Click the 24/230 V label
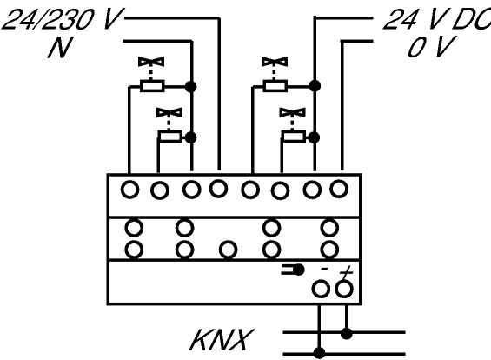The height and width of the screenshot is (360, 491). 61,20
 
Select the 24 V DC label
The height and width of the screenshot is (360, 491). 437,19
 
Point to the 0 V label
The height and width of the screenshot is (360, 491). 431,47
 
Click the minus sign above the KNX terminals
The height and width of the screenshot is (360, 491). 324,269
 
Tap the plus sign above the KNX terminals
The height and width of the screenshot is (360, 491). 345,271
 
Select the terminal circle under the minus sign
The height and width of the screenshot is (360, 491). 321,289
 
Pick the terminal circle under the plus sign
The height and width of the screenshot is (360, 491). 344,289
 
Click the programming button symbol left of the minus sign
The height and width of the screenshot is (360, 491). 293,270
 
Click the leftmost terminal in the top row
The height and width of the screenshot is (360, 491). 130,190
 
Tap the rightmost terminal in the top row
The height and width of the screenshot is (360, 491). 339,189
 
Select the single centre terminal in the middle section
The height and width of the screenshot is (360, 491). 228,250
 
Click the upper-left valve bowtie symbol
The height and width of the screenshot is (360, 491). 151,62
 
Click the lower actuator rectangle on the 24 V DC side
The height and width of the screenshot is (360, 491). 294,137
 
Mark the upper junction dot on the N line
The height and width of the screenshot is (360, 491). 190,86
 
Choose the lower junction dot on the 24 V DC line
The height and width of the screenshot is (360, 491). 314,137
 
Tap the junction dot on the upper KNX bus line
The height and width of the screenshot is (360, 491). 346,333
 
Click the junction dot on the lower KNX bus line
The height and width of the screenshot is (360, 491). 320,353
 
